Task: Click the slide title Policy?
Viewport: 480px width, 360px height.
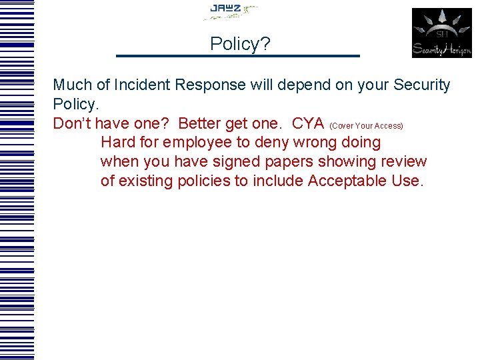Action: [x=240, y=44]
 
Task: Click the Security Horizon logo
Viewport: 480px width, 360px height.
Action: [x=441, y=33]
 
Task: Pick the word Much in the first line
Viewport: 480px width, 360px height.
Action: [x=72, y=85]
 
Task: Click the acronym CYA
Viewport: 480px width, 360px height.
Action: [x=308, y=123]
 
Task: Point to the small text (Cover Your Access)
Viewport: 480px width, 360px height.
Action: [x=366, y=126]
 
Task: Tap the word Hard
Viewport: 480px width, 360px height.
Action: [x=119, y=143]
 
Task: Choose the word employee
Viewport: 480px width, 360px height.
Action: [x=196, y=143]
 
